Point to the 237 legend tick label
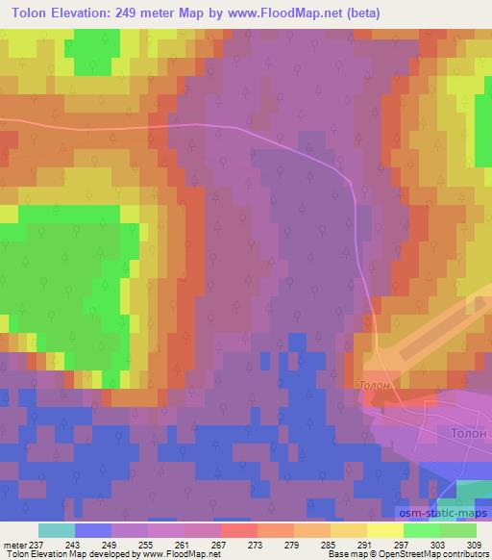pyautogui.click(x=38, y=545)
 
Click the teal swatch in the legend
pyautogui.click(x=57, y=530)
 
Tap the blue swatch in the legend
pyautogui.click(x=93, y=530)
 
